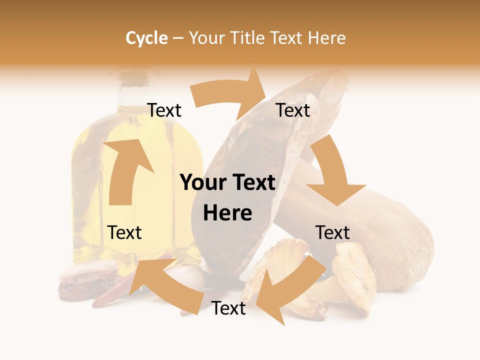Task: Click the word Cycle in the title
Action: [146, 38]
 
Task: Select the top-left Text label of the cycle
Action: [164, 110]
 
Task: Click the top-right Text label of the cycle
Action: [293, 110]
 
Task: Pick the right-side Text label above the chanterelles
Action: [332, 232]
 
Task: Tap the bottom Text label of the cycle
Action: [228, 308]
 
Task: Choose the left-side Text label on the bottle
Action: [124, 232]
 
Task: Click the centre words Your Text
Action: [227, 183]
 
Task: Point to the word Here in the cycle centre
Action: [227, 213]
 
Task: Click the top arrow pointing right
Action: [230, 92]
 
